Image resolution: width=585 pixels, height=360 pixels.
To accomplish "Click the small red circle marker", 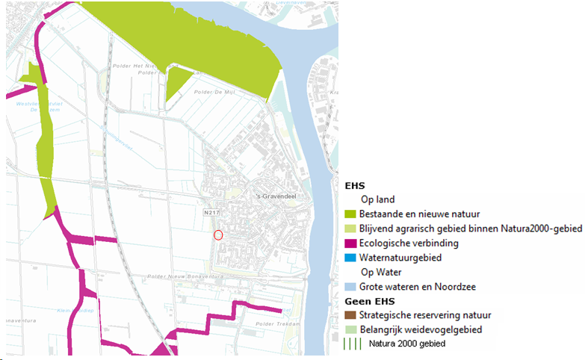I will point(218,235).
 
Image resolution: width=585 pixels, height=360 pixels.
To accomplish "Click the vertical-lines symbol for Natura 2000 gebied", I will point(350,344).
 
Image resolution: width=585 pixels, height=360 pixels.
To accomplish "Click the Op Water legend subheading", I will point(382,272).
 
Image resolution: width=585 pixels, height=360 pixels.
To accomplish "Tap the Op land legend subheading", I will point(378,200).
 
